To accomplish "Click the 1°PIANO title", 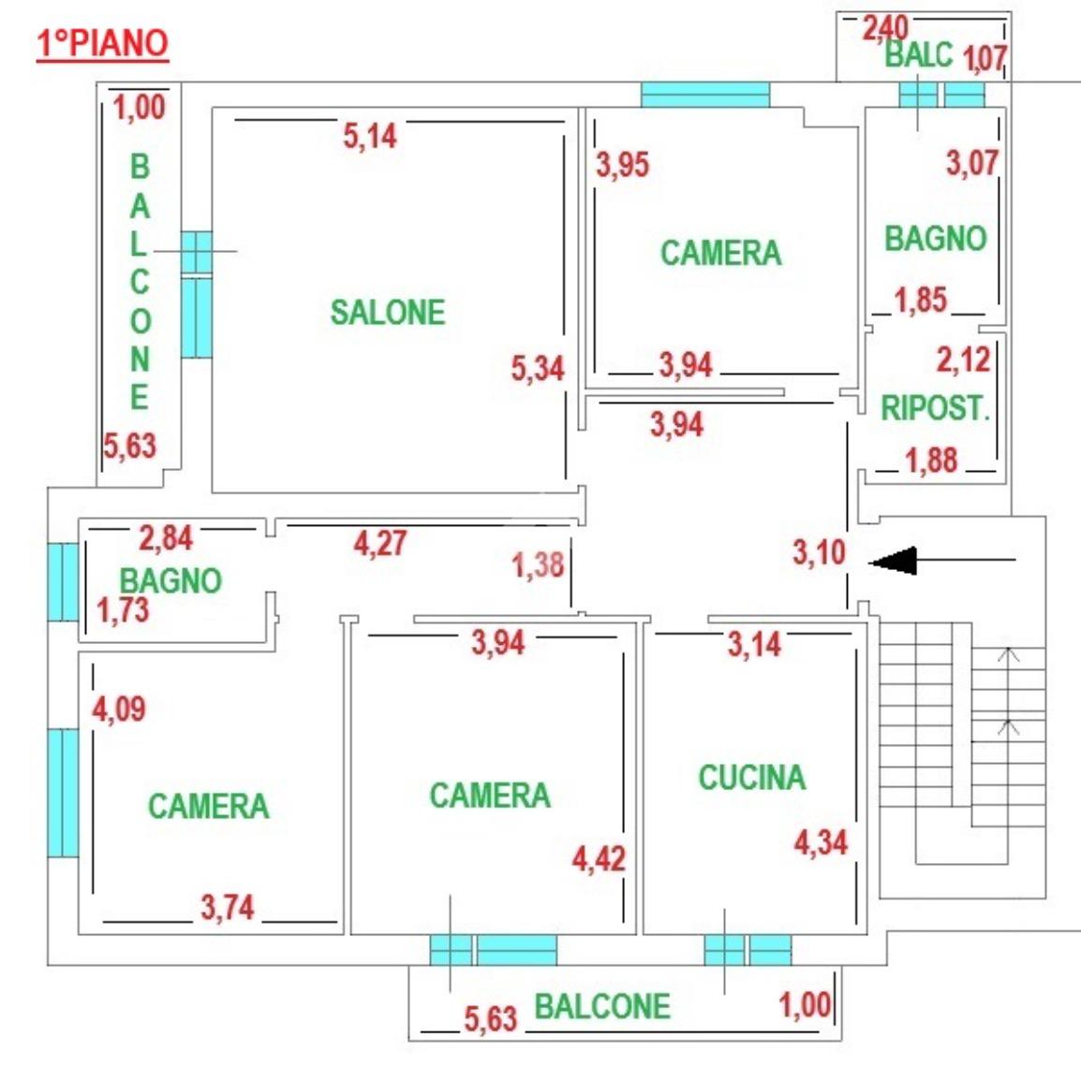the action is tap(103, 43).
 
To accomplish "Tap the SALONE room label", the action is tap(388, 312).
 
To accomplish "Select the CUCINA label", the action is tap(752, 777).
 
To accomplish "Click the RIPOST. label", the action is tap(936, 408).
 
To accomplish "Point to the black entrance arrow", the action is tap(941, 560).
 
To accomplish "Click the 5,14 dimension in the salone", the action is tap(370, 136).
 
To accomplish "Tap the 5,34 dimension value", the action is tap(538, 368).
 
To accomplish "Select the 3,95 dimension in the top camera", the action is tap(623, 165).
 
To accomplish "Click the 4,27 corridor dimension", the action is tap(380, 544).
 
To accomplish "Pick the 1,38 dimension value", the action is tap(538, 564).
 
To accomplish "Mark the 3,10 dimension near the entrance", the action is tap(819, 551).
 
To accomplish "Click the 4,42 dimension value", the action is tap(600, 858).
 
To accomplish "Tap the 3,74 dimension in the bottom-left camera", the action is tap(228, 907).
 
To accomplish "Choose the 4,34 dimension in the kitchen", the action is tap(822, 842).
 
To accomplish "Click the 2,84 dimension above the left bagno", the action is tap(166, 538).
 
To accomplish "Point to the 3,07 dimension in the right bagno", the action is tap(972, 163).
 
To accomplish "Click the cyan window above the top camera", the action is tap(705, 95).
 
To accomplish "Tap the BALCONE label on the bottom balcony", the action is tap(602, 1006).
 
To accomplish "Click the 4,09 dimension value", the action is tap(119, 709).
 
